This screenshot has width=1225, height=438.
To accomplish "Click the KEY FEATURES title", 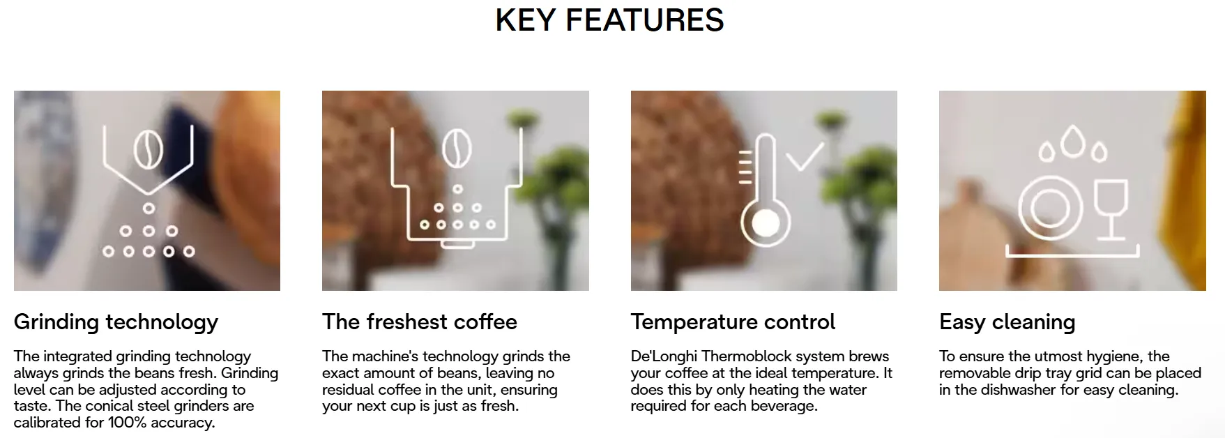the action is click(x=609, y=20).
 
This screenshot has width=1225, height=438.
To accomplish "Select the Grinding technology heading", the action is click(x=116, y=322).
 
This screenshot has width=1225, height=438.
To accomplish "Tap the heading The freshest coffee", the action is click(x=420, y=322).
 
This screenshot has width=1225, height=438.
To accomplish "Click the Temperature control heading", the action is click(x=733, y=322).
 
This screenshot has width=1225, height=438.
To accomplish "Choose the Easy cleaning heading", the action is click(x=1007, y=322).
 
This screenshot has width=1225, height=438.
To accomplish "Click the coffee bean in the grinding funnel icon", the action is click(x=148, y=151).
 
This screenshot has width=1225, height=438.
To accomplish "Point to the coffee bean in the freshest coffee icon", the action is click(x=457, y=149).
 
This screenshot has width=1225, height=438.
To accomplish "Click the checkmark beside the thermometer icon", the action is click(x=805, y=156).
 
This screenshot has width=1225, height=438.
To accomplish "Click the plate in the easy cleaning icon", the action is click(x=1050, y=207).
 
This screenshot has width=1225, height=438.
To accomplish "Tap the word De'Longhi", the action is click(x=664, y=357).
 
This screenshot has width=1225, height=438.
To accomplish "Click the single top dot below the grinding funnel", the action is click(x=149, y=208).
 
